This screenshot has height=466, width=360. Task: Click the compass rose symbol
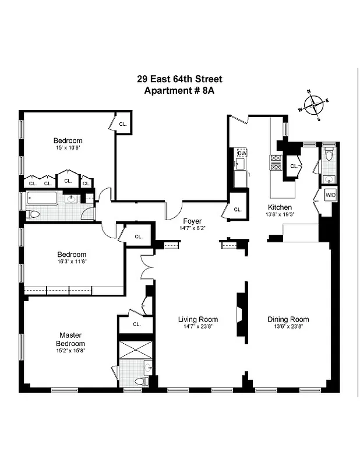[313, 105]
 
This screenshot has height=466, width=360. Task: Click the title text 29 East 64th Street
[179, 79]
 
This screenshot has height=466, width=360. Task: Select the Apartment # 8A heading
[179, 91]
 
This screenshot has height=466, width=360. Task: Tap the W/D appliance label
[330, 195]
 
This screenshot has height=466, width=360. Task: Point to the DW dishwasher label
[241, 153]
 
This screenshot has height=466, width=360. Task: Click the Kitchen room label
[280, 207]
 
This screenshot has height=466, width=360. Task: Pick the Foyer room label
[192, 221]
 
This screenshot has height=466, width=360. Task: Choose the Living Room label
[198, 319]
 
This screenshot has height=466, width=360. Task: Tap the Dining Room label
[288, 319]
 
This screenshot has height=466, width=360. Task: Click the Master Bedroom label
[70, 339]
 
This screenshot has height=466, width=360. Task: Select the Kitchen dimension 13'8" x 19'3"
[280, 215]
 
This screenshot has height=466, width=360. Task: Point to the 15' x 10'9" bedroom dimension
[68, 149]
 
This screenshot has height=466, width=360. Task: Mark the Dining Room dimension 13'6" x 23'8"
[288, 327]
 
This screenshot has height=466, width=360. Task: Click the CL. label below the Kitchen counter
[238, 210]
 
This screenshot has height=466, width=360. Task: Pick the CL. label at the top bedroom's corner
[123, 124]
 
